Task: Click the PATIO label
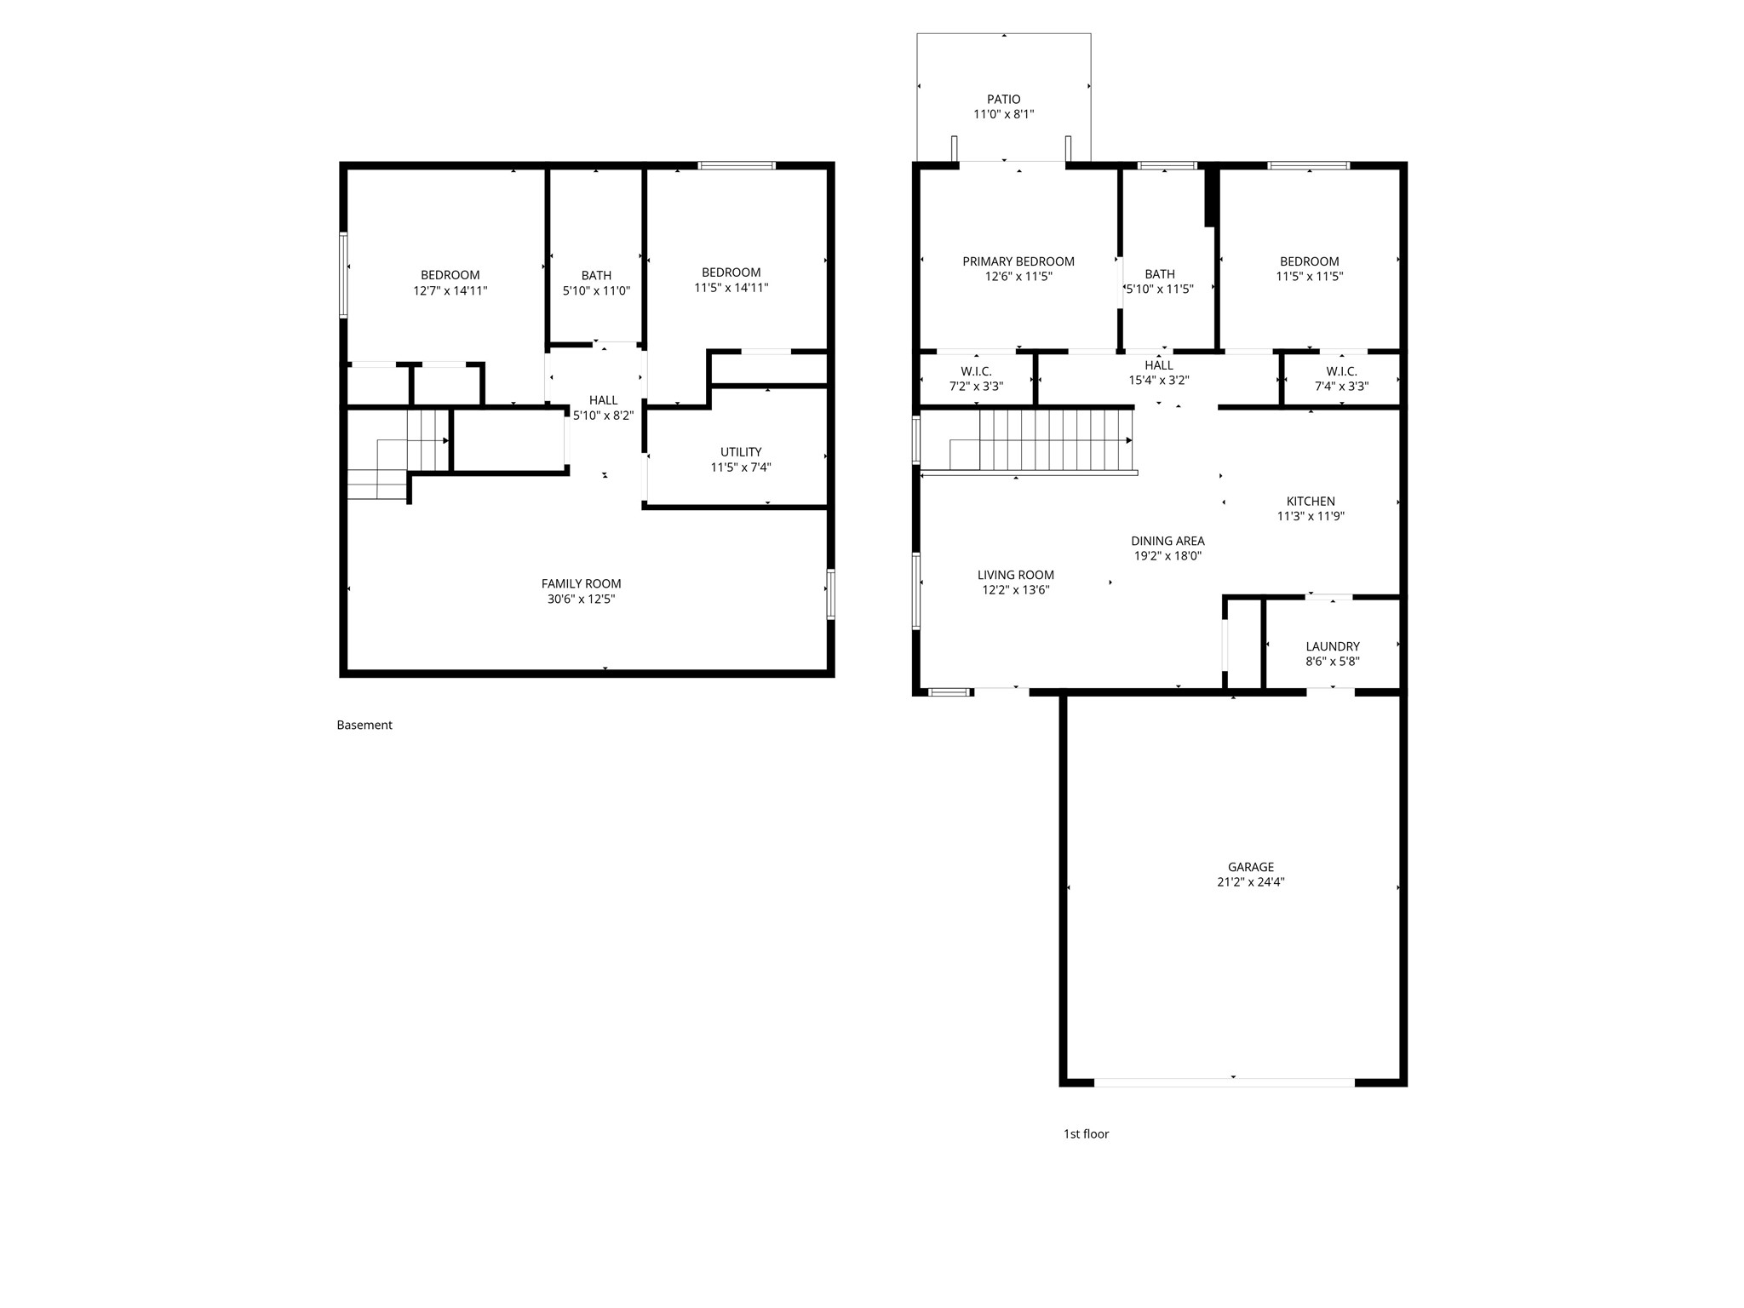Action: (x=1003, y=100)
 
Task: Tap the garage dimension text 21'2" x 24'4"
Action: (x=1250, y=882)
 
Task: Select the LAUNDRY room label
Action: (x=1332, y=646)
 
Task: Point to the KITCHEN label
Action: (x=1310, y=502)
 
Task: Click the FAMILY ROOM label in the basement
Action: (x=581, y=584)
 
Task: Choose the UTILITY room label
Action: (x=741, y=452)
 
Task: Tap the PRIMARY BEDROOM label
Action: (x=1018, y=261)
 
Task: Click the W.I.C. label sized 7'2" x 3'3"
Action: (x=976, y=371)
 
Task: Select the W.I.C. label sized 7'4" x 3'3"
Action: (x=1341, y=371)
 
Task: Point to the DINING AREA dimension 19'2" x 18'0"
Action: (x=1167, y=556)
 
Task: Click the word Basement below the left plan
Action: (x=364, y=726)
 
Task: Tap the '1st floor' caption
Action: (x=1086, y=1134)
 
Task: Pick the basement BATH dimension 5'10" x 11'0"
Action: (x=596, y=290)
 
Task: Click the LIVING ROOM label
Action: (x=1015, y=576)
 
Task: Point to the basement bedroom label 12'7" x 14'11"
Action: (x=450, y=290)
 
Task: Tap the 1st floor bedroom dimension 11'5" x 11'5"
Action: (x=1309, y=277)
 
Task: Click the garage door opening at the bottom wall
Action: (x=1224, y=1082)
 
